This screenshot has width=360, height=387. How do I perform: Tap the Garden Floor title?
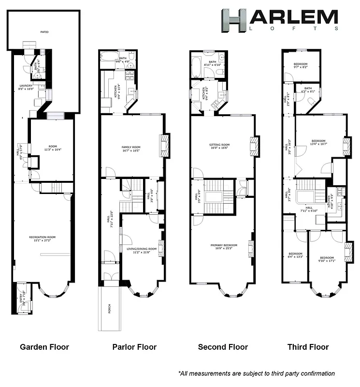pyautogui.click(x=44, y=347)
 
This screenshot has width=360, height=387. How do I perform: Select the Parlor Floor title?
pyautogui.click(x=134, y=347)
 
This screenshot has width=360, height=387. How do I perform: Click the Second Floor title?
pyautogui.click(x=223, y=347)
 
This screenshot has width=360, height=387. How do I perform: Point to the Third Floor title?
pyautogui.click(x=308, y=347)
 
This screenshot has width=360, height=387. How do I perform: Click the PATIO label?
pyautogui.click(x=44, y=32)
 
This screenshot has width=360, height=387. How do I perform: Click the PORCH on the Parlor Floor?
pyautogui.click(x=109, y=308)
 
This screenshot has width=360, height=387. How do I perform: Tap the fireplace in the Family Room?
pyautogui.click(x=164, y=145)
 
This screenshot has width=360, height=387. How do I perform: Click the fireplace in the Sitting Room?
pyautogui.click(x=254, y=145)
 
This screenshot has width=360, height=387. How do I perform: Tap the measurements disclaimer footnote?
pyautogui.click(x=256, y=373)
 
